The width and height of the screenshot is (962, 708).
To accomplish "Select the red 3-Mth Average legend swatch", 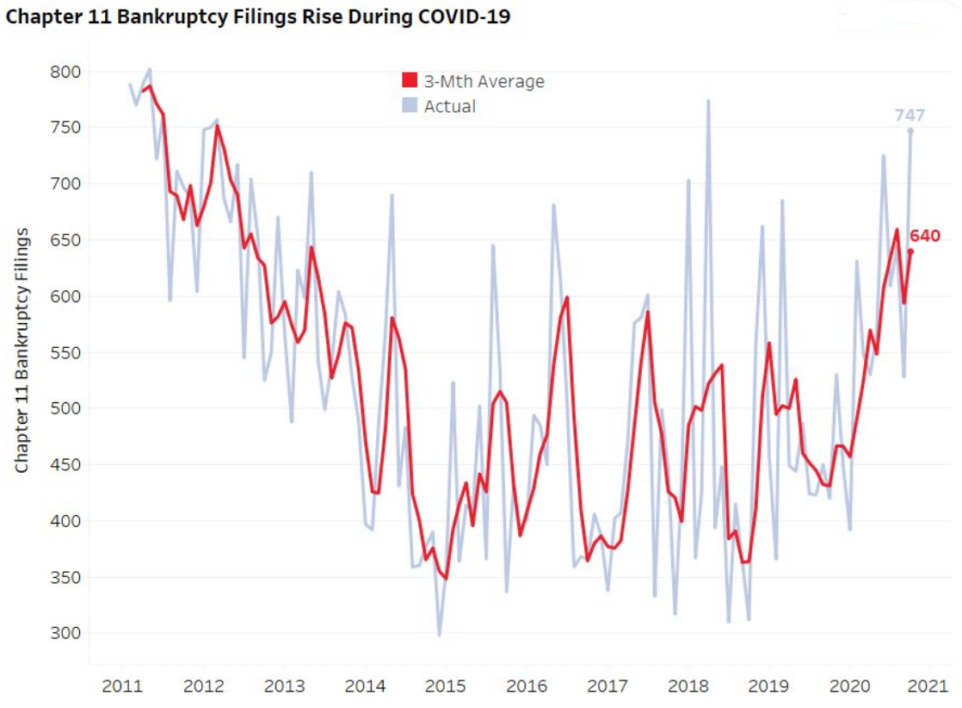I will point(410,82).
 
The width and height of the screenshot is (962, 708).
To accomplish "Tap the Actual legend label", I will point(449,107).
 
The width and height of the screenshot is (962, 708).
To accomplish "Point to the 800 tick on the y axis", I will point(65,71).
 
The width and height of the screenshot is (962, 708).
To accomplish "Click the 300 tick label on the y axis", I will point(65,633).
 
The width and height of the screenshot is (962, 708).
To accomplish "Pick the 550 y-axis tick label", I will point(65,352).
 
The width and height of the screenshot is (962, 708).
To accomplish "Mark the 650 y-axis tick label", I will point(65,240).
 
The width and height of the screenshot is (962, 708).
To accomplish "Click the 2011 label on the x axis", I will point(122,686).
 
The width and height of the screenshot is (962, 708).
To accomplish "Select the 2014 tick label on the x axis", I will point(365,686).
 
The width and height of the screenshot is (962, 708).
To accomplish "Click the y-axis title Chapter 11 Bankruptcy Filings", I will point(22,351).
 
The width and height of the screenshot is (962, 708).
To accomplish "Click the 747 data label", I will point(910,115).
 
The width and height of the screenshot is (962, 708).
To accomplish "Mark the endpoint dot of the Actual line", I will point(910,131).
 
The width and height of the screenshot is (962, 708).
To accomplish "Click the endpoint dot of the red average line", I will point(910,252).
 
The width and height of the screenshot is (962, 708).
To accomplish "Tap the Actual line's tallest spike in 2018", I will point(708,101).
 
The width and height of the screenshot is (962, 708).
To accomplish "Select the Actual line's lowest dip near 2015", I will point(439,635).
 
